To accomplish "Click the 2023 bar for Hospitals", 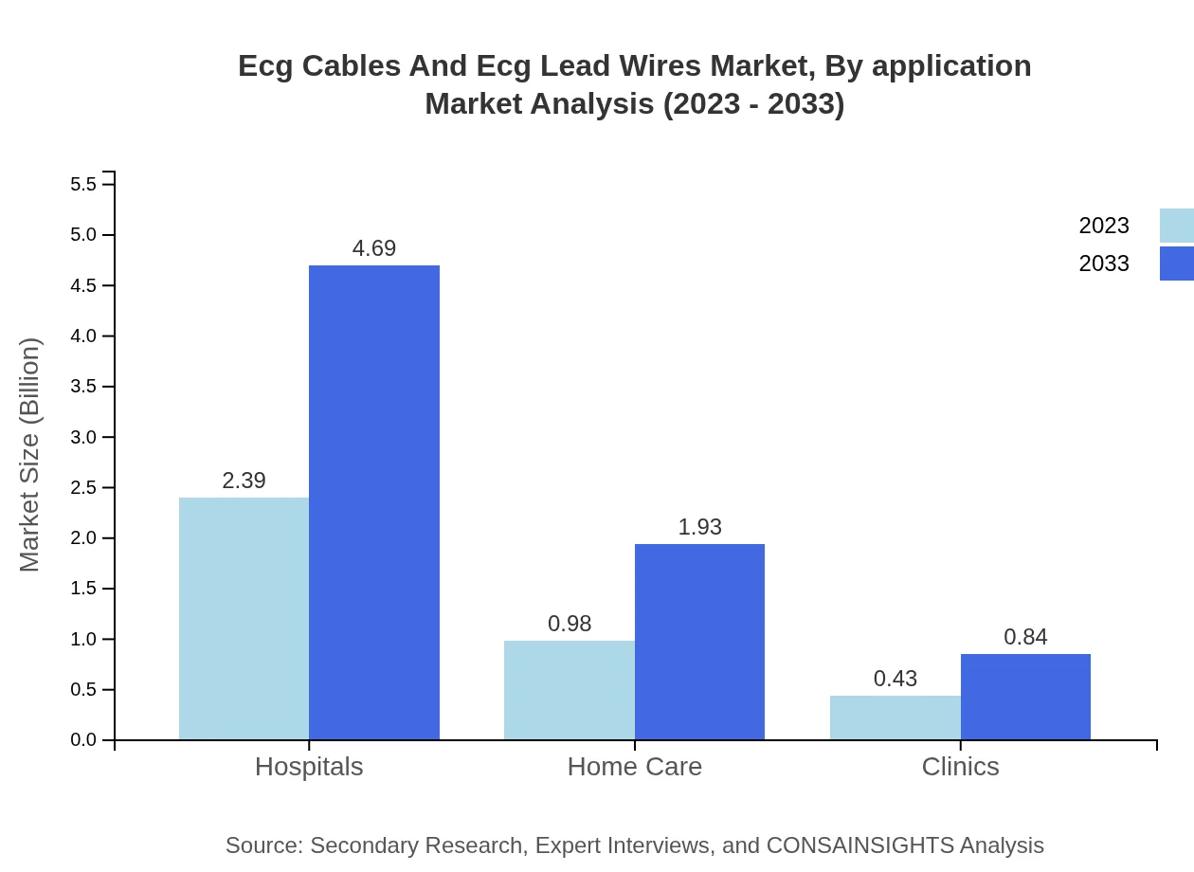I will [x=244, y=618].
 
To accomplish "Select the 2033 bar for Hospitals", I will [x=374, y=502].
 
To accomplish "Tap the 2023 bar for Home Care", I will [x=569, y=690].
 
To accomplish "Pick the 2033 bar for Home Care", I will [x=699, y=642].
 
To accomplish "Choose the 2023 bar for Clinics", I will [x=895, y=718].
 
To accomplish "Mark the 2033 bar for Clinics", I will [x=1025, y=697].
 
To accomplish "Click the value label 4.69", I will [x=374, y=248].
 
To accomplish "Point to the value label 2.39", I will [x=244, y=481].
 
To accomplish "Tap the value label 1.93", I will [x=699, y=527].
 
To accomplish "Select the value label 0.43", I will [x=895, y=679].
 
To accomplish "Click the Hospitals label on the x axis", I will [x=309, y=766].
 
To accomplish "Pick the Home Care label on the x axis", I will [x=634, y=766].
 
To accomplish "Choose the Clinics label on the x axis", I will [x=960, y=766].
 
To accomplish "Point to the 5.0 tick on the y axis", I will [x=83, y=235].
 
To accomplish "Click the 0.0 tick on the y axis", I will [x=83, y=740].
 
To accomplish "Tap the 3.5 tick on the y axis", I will [x=83, y=387].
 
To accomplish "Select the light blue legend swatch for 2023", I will [x=1177, y=226].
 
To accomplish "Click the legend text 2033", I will [x=1104, y=263].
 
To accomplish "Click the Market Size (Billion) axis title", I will [x=30, y=455].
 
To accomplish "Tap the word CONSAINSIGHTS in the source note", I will [x=859, y=845].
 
